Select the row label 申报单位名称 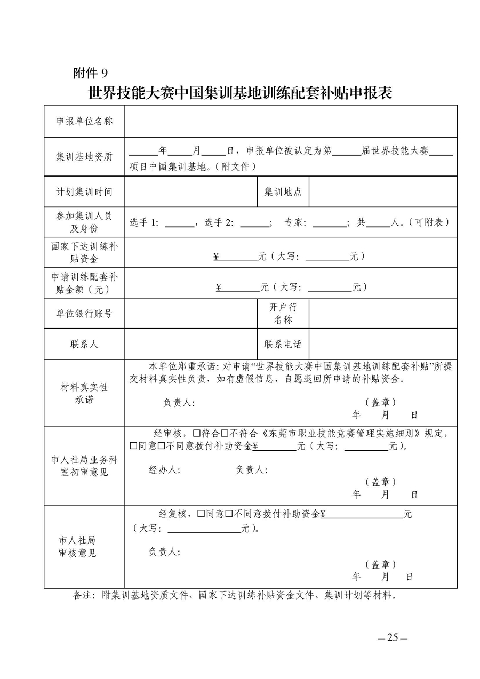pos(84,121)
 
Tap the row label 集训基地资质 pos(84,156)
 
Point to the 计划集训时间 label pos(84,191)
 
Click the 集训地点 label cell pos(283,191)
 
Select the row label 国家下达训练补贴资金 pos(84,253)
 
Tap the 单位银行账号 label pos(84,314)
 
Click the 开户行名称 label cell pos(283,314)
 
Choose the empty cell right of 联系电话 pos(382,344)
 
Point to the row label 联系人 pos(84,344)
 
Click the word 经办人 pos(164,469)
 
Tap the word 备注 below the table pos(83,595)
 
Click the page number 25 pos(393,637)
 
